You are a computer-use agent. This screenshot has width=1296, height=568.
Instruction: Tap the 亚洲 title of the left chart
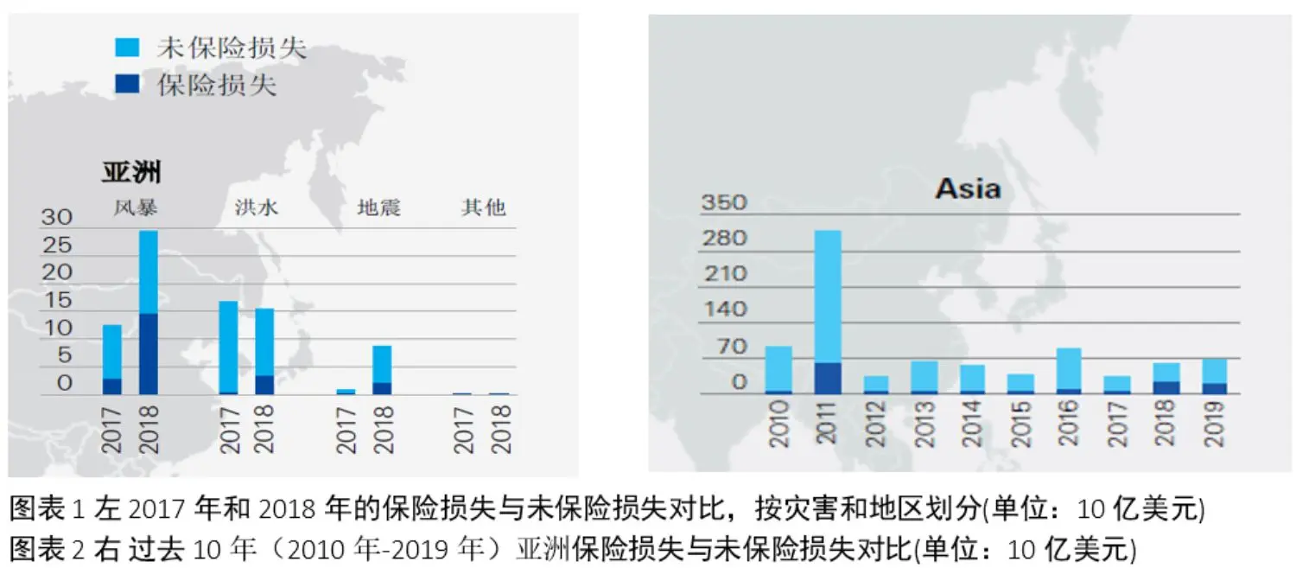click(x=131, y=172)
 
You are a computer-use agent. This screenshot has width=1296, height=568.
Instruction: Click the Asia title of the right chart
click(x=968, y=188)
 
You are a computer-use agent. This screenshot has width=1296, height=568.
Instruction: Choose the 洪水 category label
click(x=257, y=208)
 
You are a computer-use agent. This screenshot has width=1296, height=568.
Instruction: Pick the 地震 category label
click(x=379, y=208)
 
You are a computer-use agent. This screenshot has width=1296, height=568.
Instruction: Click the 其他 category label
click(x=484, y=208)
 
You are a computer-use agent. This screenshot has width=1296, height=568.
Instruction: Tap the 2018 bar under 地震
click(x=382, y=370)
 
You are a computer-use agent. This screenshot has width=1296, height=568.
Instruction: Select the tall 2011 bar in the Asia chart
click(x=828, y=311)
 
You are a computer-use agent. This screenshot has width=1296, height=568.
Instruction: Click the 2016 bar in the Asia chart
click(x=1069, y=371)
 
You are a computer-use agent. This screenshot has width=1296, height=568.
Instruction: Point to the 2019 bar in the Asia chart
click(x=1214, y=376)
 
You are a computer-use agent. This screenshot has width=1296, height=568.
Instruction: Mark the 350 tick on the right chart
click(x=724, y=203)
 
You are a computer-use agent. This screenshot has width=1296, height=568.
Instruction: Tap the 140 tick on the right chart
click(x=724, y=310)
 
